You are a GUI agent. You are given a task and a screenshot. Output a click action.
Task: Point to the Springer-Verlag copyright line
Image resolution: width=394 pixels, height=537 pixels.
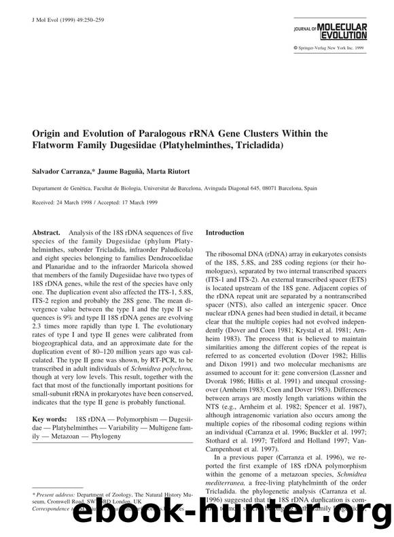point(345,48)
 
